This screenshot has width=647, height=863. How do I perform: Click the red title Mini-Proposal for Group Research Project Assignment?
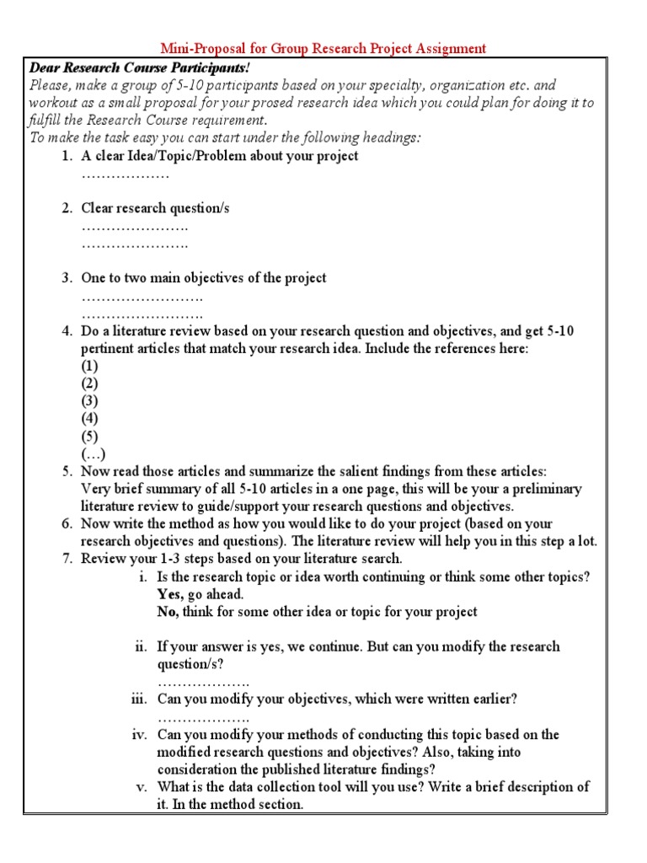pos(323,49)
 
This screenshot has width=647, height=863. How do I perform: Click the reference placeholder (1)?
pos(89,367)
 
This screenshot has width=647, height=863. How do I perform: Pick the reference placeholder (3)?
pos(89,401)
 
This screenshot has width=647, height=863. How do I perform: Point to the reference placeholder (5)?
pos(89,437)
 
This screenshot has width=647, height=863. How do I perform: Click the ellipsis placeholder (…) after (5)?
pos(92,454)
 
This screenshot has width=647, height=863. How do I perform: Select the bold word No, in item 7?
pos(168,612)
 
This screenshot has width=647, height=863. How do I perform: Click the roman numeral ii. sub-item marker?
pos(141,646)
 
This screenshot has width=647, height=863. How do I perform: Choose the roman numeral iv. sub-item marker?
pos(139,734)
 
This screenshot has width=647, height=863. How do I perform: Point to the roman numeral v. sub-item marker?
pos(142,786)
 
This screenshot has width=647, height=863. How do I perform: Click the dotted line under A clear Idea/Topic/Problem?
pos(126,174)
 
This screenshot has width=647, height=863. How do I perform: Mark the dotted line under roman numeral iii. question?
pos(203,718)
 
